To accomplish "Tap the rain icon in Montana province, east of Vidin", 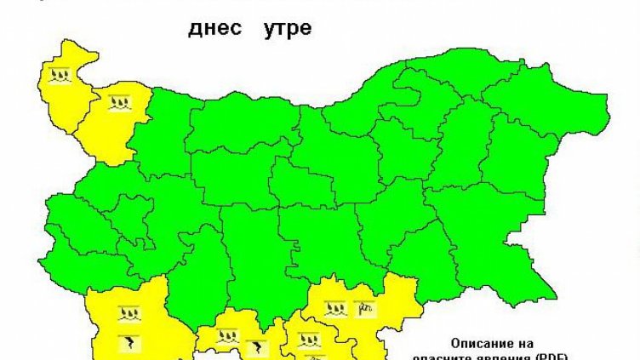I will [117, 104].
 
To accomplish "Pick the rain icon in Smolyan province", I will [226, 337].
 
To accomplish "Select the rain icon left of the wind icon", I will [334, 308].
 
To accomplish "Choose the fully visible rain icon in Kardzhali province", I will [306, 340].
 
